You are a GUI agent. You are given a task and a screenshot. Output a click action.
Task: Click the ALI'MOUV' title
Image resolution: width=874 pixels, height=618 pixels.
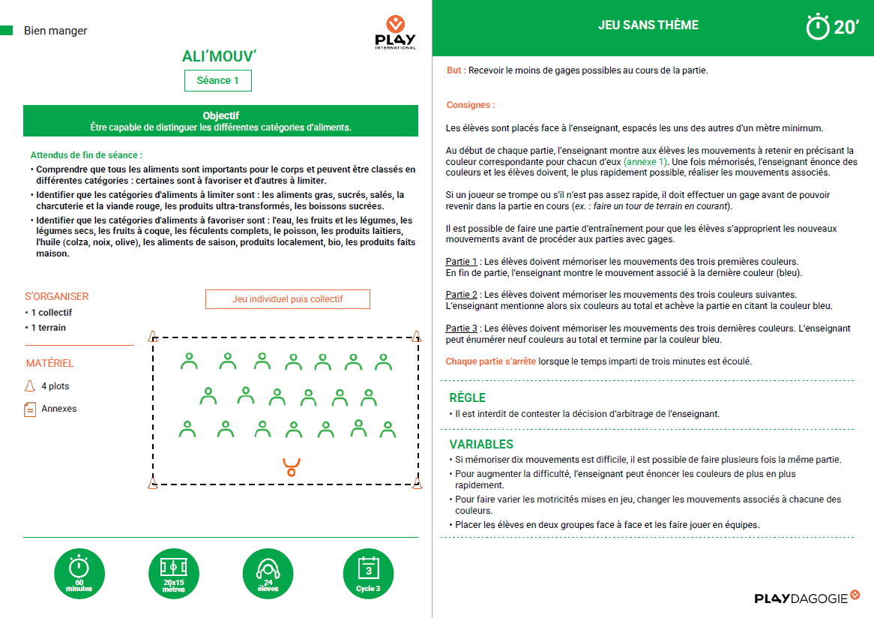[x=220, y=56]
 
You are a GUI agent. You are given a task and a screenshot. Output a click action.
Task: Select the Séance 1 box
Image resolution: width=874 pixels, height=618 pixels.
[x=218, y=80]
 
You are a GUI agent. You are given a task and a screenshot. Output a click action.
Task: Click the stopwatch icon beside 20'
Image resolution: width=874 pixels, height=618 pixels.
[x=817, y=27]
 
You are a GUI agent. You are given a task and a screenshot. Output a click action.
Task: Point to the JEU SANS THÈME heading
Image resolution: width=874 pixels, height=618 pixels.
[x=648, y=25]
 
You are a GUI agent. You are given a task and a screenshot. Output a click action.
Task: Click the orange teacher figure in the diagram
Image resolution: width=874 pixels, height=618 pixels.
[x=291, y=466]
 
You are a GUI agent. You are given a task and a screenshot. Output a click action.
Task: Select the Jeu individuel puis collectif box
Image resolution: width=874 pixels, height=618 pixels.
[x=288, y=298]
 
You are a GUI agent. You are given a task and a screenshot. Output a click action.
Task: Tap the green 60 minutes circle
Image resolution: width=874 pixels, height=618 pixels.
[x=79, y=574]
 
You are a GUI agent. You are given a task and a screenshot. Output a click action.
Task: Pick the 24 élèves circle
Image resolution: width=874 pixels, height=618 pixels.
[x=268, y=574]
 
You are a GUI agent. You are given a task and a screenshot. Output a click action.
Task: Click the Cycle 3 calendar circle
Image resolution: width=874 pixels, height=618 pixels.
[x=368, y=574]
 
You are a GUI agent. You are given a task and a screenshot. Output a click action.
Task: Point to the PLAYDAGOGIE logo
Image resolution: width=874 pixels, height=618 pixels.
[x=807, y=598]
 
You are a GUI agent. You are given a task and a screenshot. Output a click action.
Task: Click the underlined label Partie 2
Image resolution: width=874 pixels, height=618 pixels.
[x=461, y=295]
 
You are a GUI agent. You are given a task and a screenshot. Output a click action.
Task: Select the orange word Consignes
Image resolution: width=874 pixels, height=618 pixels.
[x=470, y=105]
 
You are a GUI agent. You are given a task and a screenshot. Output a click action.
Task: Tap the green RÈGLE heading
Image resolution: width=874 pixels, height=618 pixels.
[x=467, y=397]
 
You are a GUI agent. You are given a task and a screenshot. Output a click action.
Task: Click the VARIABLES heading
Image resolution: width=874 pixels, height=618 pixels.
[x=481, y=444]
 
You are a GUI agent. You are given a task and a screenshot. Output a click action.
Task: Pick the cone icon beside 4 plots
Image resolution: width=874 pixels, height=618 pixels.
[x=30, y=386]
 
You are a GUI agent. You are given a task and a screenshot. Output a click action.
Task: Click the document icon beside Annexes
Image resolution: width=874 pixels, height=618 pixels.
[x=30, y=409]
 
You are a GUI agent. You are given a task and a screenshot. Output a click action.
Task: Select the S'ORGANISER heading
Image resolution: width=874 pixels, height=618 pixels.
[x=57, y=296]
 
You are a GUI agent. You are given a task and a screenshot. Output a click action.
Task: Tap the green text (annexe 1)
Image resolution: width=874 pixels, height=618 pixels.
[x=645, y=162]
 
